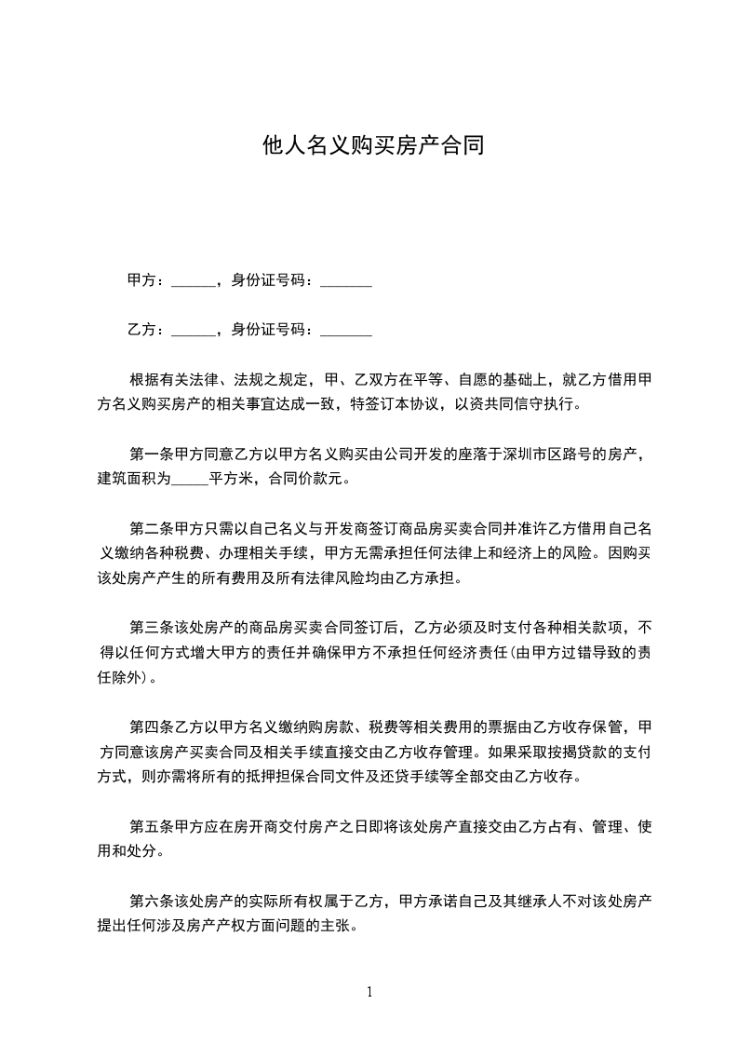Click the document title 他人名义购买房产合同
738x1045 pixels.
(x=373, y=146)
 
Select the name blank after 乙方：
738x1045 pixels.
(x=193, y=330)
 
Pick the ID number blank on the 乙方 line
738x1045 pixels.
(x=346, y=330)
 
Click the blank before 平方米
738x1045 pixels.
(x=191, y=480)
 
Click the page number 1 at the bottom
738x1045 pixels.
(x=370, y=992)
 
